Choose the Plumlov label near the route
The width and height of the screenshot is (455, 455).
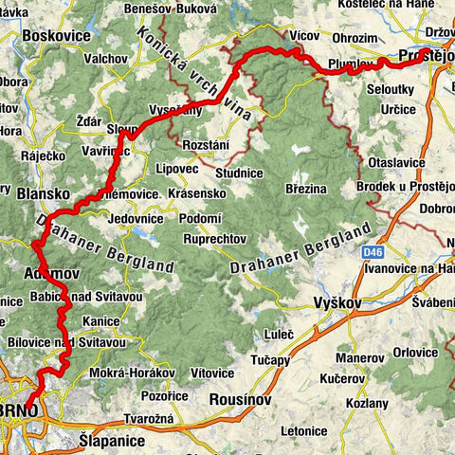tap(347, 64)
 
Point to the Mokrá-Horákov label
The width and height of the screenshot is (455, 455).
tap(122, 373)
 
